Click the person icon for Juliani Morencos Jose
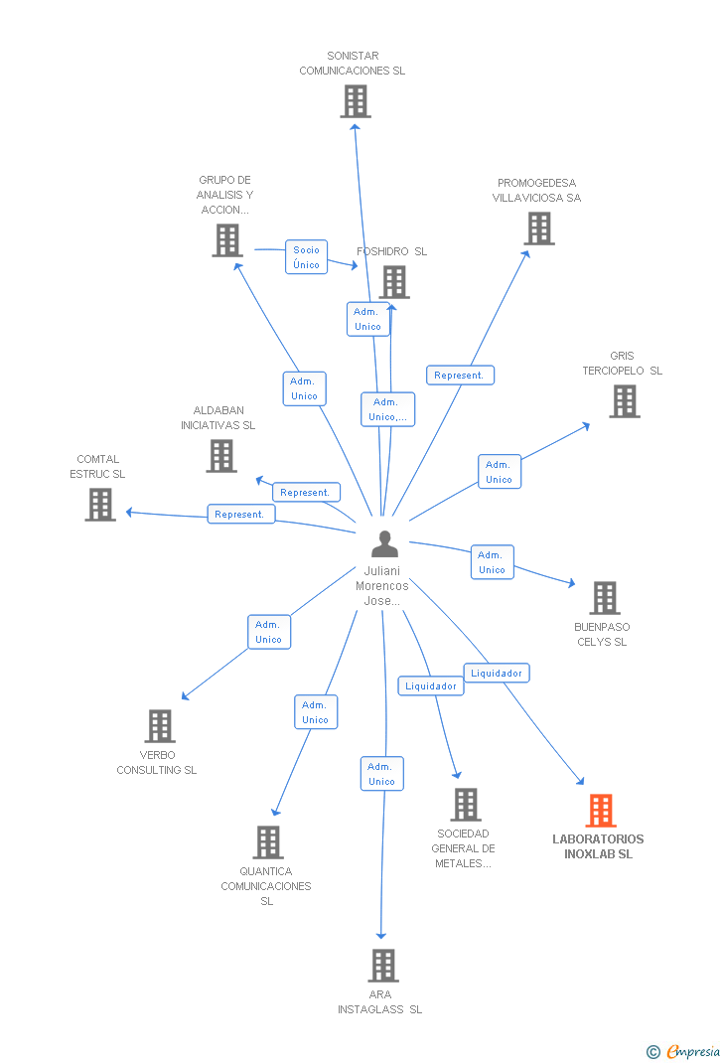point(383,544)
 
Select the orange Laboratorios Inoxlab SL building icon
point(601,811)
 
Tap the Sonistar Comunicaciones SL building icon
point(355,101)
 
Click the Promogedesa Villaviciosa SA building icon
point(539,228)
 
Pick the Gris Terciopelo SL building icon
point(624,401)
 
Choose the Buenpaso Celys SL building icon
point(604,598)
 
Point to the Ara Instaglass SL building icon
point(382,965)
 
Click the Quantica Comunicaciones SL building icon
point(267,842)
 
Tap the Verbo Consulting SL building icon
point(159,726)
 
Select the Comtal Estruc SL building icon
point(99,505)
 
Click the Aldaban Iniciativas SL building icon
point(220,456)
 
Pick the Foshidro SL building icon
point(394,282)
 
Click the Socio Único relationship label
point(307,257)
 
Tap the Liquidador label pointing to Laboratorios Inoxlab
point(496,673)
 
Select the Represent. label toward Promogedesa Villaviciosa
point(460,376)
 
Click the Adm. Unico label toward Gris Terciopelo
point(499,472)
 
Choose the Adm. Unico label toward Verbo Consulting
point(268,632)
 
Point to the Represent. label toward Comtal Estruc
point(240,515)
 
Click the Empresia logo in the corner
point(684,1050)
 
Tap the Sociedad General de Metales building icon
point(465,805)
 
